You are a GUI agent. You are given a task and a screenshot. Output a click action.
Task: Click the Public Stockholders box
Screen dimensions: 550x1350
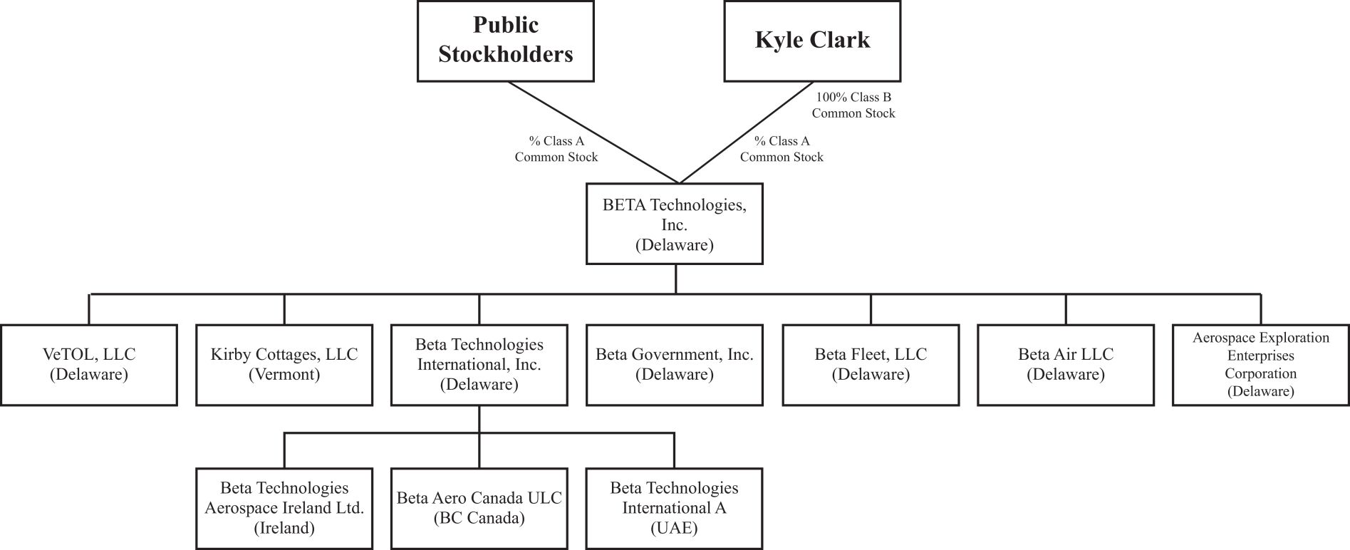click(505, 41)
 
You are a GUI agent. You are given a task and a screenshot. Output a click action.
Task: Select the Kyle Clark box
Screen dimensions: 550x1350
click(812, 41)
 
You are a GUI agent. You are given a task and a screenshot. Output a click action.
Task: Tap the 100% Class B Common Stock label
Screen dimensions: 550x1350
click(853, 105)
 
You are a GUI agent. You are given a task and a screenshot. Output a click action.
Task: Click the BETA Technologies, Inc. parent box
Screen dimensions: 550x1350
click(674, 224)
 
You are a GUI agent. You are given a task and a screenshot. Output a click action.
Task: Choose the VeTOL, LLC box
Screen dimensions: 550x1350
click(89, 365)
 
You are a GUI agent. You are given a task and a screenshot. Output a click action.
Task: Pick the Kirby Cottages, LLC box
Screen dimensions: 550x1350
click(284, 365)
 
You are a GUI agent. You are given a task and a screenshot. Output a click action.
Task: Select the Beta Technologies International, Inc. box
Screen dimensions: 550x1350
click(479, 365)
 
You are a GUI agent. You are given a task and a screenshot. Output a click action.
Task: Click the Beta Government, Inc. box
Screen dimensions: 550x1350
click(674, 365)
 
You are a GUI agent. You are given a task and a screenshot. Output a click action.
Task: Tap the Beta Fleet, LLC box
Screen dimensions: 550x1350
click(871, 365)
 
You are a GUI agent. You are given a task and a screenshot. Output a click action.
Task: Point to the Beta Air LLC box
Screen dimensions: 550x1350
click(1065, 365)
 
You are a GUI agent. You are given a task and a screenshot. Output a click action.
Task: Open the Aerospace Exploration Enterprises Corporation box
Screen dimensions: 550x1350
click(1260, 365)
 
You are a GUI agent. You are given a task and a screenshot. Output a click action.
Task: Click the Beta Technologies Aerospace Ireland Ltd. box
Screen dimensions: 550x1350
click(284, 508)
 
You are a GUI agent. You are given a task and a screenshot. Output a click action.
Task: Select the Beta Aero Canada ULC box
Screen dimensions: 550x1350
click(479, 508)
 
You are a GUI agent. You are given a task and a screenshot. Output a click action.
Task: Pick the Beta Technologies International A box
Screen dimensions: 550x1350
click(674, 508)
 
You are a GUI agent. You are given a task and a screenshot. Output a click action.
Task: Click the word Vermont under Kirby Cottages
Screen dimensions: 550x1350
click(284, 375)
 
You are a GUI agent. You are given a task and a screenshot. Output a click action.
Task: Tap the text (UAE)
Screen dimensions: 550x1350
click(674, 528)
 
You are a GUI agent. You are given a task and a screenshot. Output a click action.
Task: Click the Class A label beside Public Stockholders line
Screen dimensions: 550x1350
click(556, 149)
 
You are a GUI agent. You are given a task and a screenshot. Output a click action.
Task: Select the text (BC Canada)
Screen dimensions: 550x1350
click(479, 518)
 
